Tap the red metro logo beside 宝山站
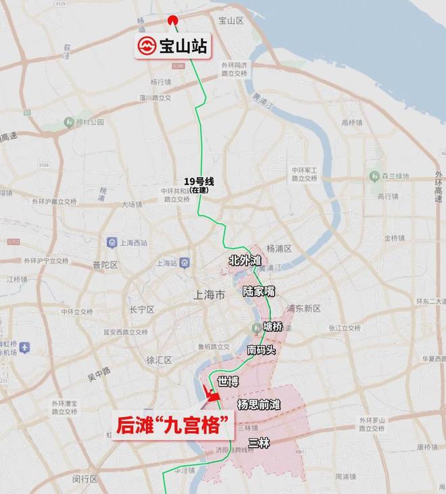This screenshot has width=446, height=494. click(147, 47)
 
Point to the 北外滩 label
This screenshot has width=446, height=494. click(245, 260)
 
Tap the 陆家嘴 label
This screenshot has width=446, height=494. click(259, 292)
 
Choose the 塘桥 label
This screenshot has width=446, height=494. click(273, 327)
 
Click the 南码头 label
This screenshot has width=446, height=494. click(261, 350)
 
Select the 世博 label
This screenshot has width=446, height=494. click(228, 382)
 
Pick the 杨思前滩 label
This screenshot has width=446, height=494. click(259, 404)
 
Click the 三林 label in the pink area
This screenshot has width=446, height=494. click(259, 443)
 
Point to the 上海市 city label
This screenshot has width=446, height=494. click(208, 295)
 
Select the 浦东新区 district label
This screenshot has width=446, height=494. click(303, 308)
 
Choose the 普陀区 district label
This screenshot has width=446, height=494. click(105, 264)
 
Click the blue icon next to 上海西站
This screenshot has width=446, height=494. click(111, 242)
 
